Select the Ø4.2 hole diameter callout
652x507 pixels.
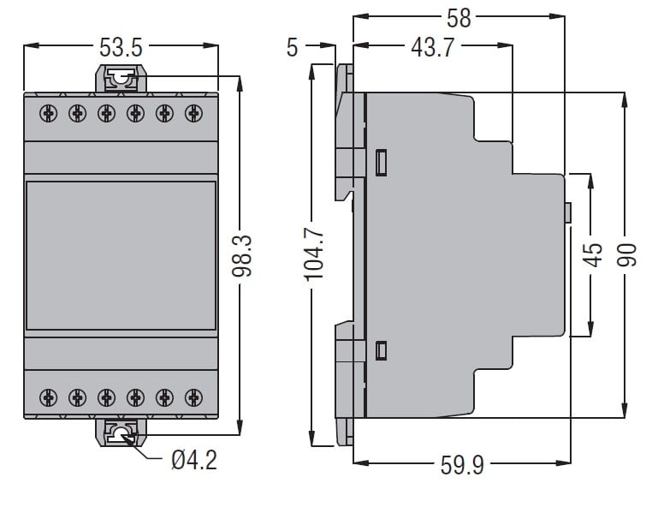tap(193, 460)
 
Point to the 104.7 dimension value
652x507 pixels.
tap(314, 254)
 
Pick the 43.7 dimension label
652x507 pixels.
tap(431, 48)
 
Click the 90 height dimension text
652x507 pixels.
tap(627, 254)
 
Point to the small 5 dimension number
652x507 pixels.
tap(293, 48)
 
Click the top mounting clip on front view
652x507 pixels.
tap(121, 81)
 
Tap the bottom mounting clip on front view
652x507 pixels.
tap(121, 433)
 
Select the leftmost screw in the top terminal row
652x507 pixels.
tap(49, 112)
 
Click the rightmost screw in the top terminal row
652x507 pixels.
tap(193, 112)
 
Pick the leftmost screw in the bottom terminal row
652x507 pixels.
tap(49, 397)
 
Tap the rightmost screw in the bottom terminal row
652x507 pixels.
tap(193, 397)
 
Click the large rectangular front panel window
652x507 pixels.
tap(121, 255)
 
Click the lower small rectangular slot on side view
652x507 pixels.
tap(382, 349)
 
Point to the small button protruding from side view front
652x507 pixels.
tap(567, 212)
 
